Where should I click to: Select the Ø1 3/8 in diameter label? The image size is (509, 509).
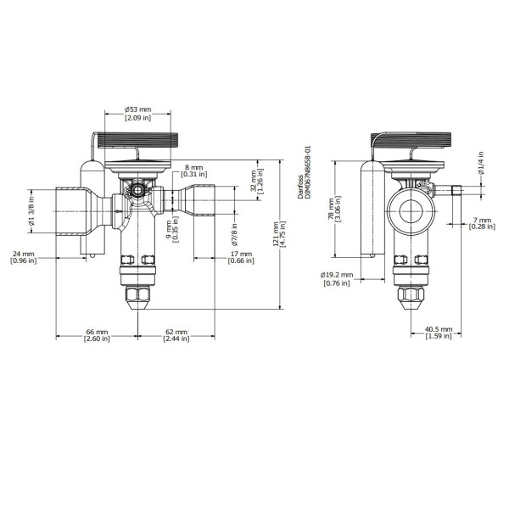31,211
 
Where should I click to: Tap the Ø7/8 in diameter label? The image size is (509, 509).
234,234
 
